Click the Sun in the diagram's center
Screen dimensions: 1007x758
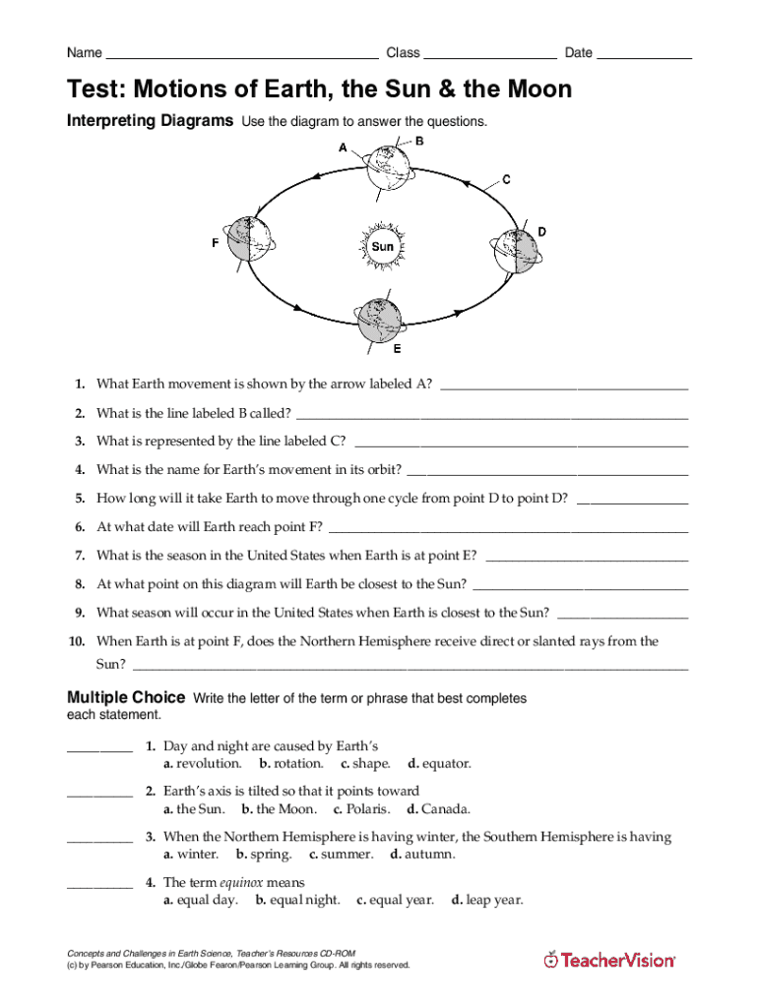(383, 246)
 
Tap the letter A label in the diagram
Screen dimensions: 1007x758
(343, 148)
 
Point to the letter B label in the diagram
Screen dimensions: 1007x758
(419, 142)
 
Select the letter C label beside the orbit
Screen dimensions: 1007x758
(506, 180)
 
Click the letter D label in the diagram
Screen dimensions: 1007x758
(541, 232)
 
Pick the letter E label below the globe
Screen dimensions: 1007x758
(397, 349)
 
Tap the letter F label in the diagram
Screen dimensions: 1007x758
(216, 242)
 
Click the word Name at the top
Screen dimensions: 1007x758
(84, 53)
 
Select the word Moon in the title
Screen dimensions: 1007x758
(537, 90)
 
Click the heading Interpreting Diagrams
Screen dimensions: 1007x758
(150, 121)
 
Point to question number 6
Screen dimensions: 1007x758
(79, 527)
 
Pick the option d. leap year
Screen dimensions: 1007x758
(487, 900)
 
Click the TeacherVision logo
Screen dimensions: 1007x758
(610, 960)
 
